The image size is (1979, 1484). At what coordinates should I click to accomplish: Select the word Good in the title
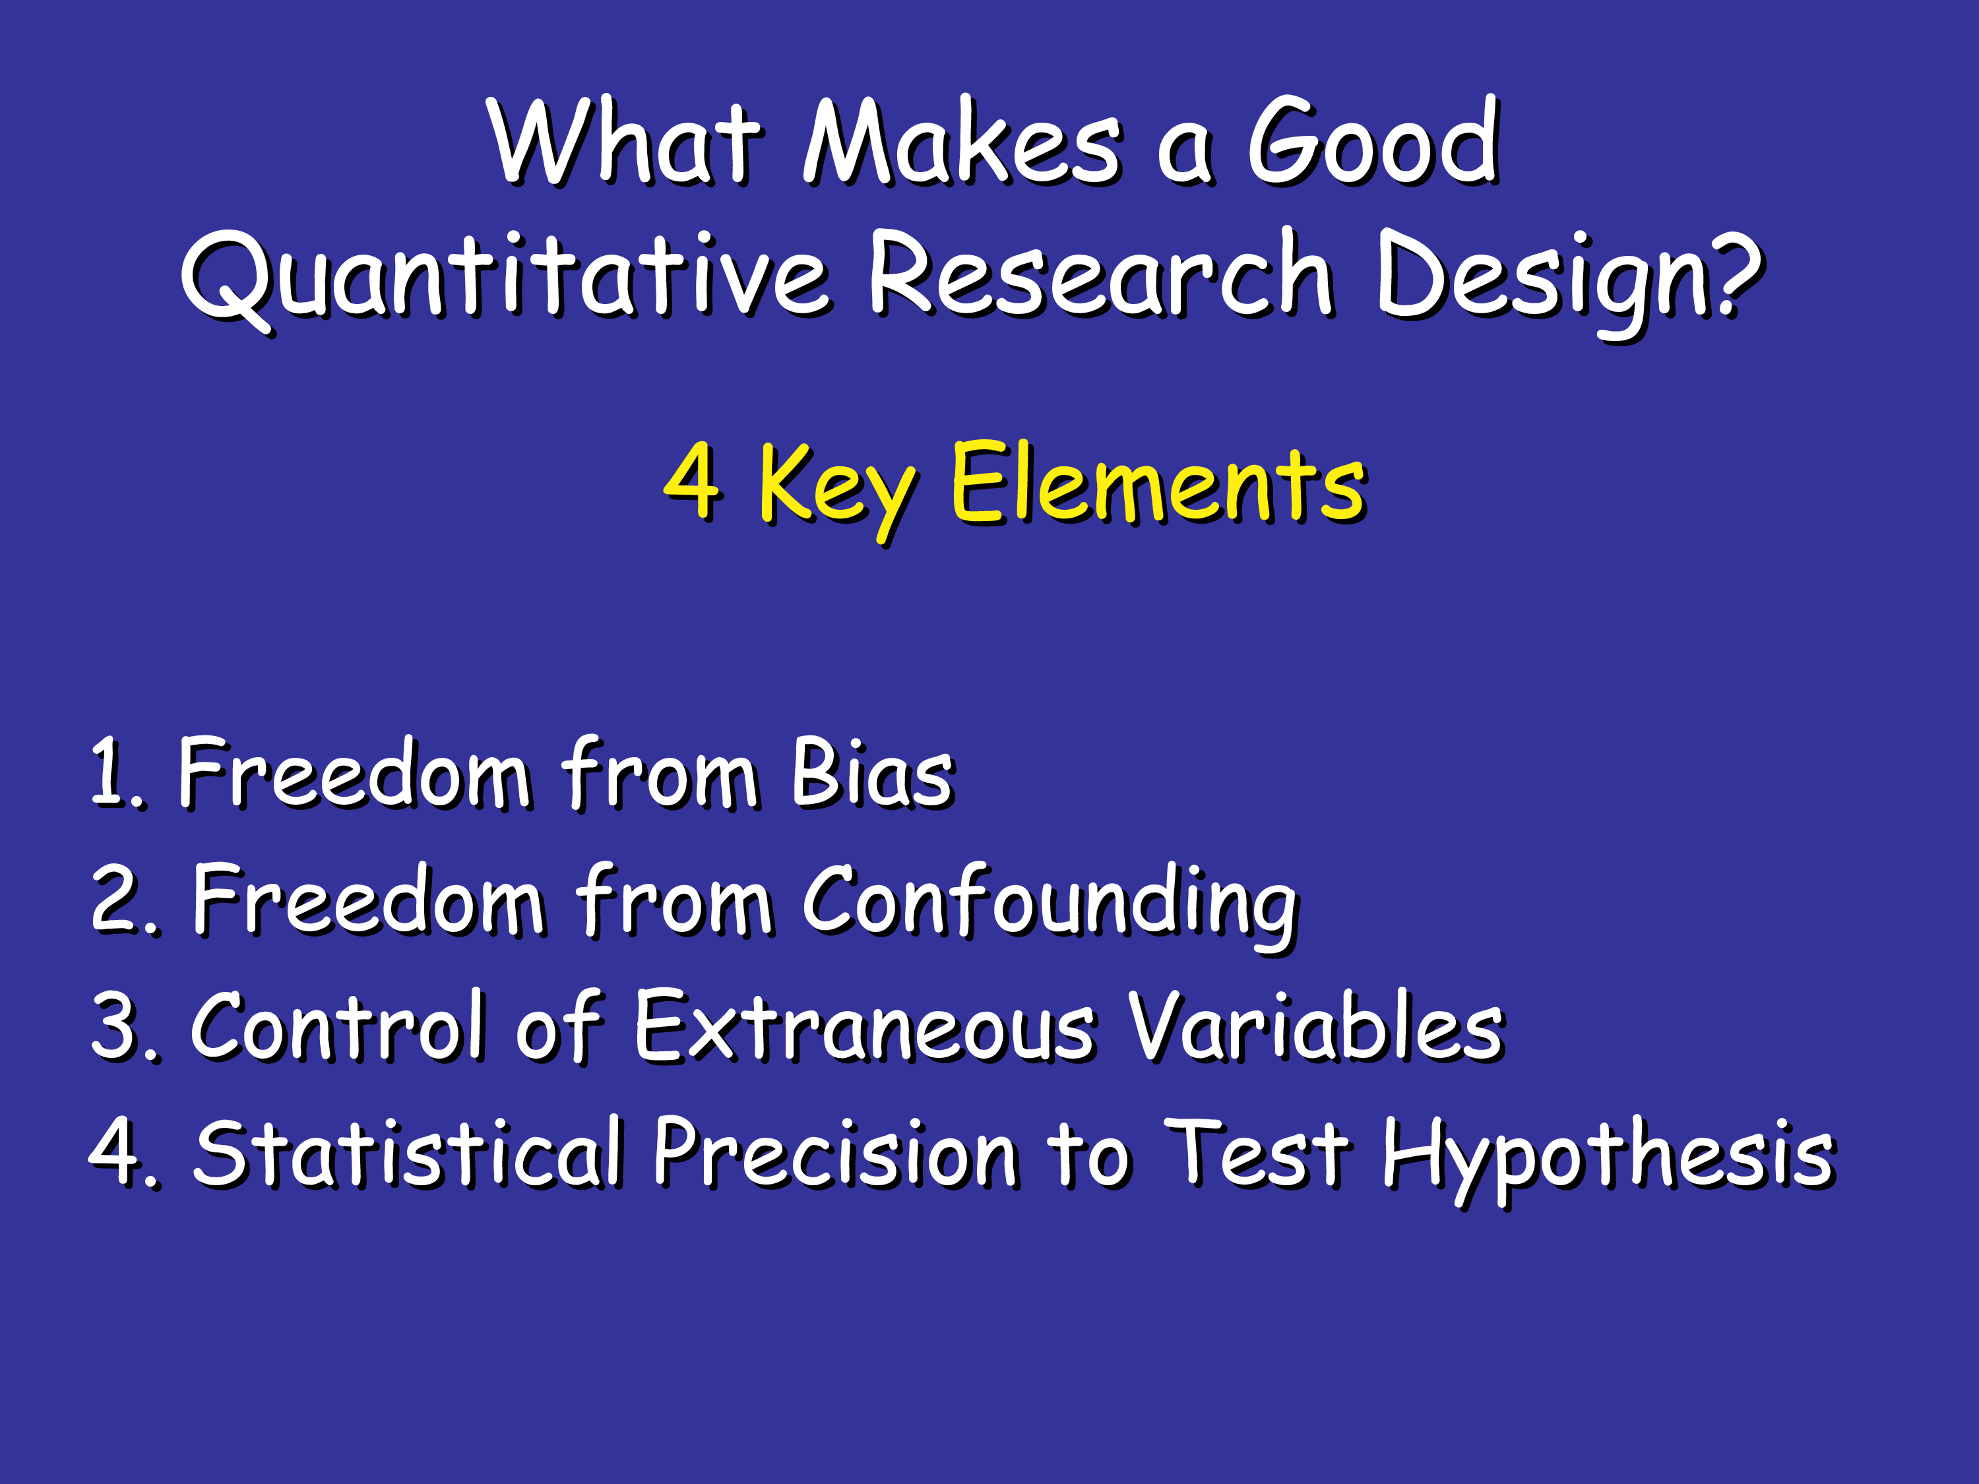coord(1373,140)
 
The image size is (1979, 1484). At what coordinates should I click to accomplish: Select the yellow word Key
coord(837,490)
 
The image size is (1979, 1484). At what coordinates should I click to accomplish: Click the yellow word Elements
coord(1158,482)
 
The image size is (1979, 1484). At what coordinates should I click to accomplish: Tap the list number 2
coord(125,899)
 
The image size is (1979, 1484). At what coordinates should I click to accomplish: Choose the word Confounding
coord(1050,906)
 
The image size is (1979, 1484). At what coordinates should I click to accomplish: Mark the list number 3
coord(125,1026)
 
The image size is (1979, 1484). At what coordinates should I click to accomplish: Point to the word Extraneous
coord(865,1026)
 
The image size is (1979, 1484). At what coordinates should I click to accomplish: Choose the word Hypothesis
coord(1610,1160)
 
